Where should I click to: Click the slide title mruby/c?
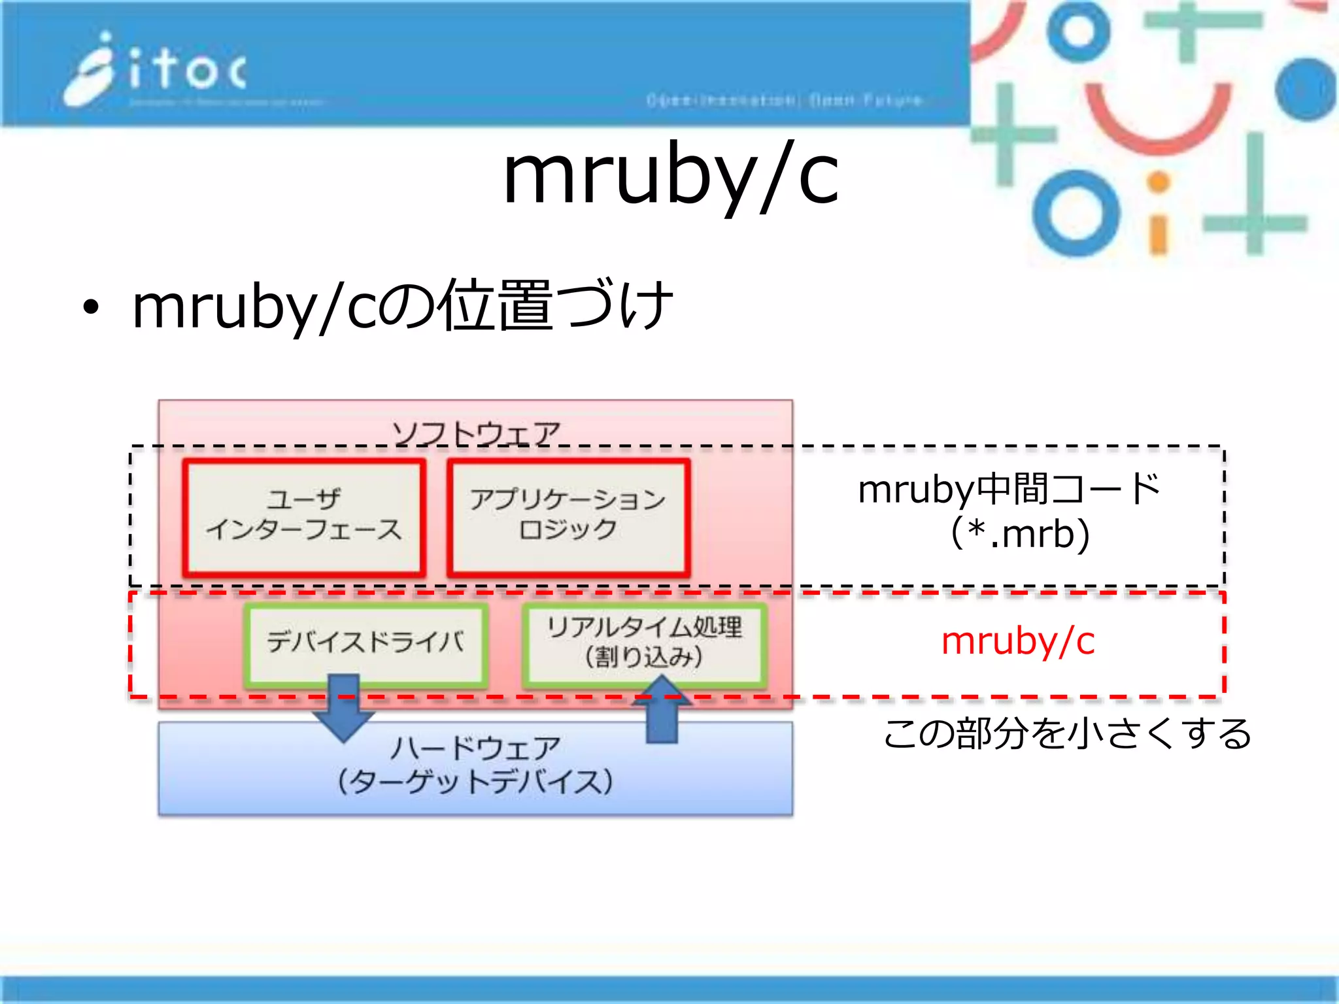coord(670,175)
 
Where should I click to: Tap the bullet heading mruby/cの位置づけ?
coord(402,306)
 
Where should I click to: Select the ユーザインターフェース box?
coord(304,517)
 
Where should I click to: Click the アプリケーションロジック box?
coord(568,517)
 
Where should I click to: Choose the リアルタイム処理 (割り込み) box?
coord(644,643)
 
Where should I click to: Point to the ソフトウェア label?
coord(476,432)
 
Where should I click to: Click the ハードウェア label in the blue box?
coord(476,748)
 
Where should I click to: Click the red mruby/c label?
coord(1017,641)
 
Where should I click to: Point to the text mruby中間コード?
coord(1008,489)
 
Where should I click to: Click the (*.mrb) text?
coord(1020,534)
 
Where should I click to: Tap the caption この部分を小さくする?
coord(1067,733)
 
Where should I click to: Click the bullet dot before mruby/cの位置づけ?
coord(91,307)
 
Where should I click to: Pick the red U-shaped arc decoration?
coord(1158,121)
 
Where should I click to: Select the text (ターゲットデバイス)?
coord(476,782)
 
